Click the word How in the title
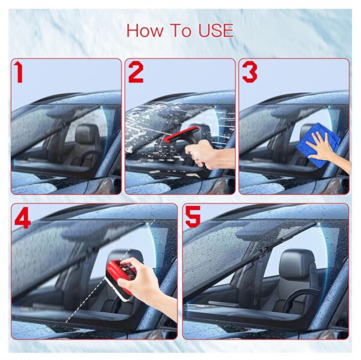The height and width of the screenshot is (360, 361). point(145,31)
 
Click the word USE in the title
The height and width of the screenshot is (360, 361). point(216,31)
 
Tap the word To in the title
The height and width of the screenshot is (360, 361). point(180,31)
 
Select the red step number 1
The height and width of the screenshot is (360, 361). point(19,72)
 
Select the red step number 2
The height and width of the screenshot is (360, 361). point(136,72)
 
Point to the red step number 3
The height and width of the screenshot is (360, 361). point(250,72)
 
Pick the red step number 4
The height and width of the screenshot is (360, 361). point(23,217)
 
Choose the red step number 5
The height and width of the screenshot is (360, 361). point(193,217)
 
